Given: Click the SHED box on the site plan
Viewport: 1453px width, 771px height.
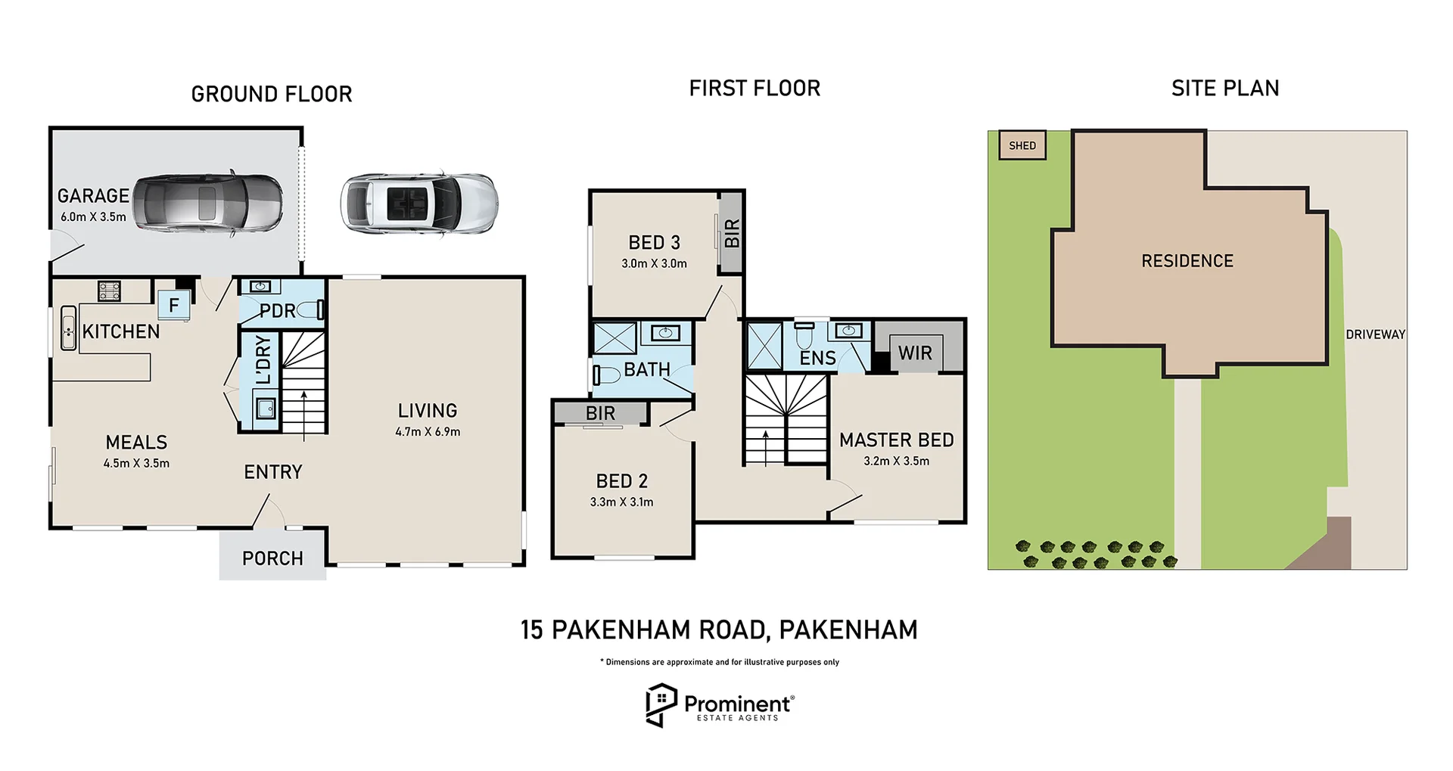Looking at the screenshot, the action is click(x=1022, y=145).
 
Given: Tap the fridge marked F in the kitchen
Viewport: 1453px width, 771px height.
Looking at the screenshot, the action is click(x=174, y=305).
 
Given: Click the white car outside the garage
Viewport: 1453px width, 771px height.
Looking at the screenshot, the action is click(x=418, y=204).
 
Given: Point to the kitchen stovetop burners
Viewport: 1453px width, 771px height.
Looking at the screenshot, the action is click(x=109, y=291).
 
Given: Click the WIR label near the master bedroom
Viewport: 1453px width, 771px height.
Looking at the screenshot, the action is click(x=915, y=353).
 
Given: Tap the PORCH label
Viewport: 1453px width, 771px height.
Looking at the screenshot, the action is click(x=272, y=558).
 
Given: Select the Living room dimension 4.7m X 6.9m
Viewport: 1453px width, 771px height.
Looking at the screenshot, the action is click(x=428, y=432).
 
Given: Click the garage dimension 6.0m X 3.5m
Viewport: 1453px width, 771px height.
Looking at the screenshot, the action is click(x=93, y=217).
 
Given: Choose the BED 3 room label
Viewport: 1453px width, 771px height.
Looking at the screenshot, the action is click(x=654, y=243).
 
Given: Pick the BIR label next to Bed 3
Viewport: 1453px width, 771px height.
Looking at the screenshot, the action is click(x=732, y=233).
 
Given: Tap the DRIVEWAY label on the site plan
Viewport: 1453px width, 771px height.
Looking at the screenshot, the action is click(x=1375, y=334).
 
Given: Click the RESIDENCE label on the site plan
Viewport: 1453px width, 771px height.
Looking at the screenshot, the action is click(x=1187, y=261).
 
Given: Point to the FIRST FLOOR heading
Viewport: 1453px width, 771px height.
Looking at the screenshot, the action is click(x=755, y=89).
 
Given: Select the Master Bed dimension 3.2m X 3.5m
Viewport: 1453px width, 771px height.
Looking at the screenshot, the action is click(x=897, y=461).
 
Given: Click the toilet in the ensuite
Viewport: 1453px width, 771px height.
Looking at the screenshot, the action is click(x=804, y=334).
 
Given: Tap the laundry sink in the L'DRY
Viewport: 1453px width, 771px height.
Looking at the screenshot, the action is click(x=265, y=409).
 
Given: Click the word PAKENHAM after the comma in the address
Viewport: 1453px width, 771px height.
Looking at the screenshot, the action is click(x=848, y=630).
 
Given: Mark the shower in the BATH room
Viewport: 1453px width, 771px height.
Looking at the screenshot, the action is click(x=614, y=338).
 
